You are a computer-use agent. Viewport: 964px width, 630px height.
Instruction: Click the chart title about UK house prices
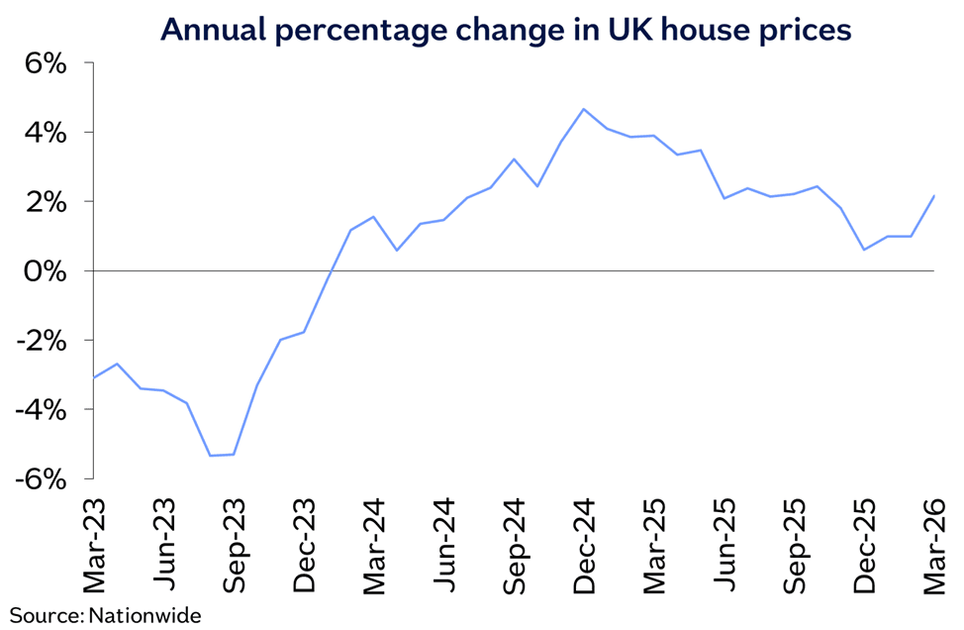coord(506,30)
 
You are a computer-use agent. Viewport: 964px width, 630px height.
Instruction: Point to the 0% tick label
coord(44,271)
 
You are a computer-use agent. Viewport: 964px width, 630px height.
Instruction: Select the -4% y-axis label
coord(40,410)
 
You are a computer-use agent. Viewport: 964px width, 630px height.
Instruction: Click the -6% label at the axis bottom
coord(40,479)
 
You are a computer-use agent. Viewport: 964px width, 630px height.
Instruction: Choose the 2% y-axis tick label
coord(44,202)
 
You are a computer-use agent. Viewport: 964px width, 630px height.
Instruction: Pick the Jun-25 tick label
coord(723,542)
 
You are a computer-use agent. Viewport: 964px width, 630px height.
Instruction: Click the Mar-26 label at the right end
coord(934,542)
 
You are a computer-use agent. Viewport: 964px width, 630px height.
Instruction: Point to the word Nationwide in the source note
coord(145,615)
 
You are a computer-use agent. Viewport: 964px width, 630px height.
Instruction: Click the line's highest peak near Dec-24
coord(583,109)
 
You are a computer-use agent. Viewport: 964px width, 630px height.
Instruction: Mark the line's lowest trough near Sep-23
coord(210,456)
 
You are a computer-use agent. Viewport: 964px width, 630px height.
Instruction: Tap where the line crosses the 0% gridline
coord(330,270)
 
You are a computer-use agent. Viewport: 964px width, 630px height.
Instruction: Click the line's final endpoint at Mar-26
coord(934,195)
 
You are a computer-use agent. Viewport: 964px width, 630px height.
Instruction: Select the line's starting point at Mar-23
coord(93,377)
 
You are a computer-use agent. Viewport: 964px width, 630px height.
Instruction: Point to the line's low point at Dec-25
coord(864,250)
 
